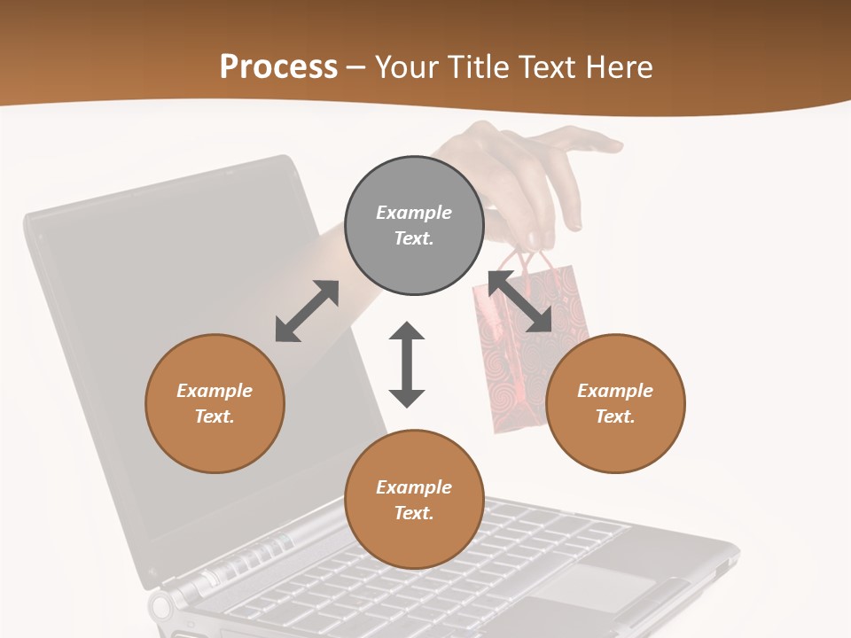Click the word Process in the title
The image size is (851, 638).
(278, 67)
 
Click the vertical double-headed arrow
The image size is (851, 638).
(407, 364)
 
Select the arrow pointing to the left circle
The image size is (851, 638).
(307, 311)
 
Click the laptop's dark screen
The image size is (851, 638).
(133, 354)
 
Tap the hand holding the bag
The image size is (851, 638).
(532, 177)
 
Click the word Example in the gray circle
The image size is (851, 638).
(414, 213)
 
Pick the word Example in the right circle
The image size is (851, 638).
(615, 391)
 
